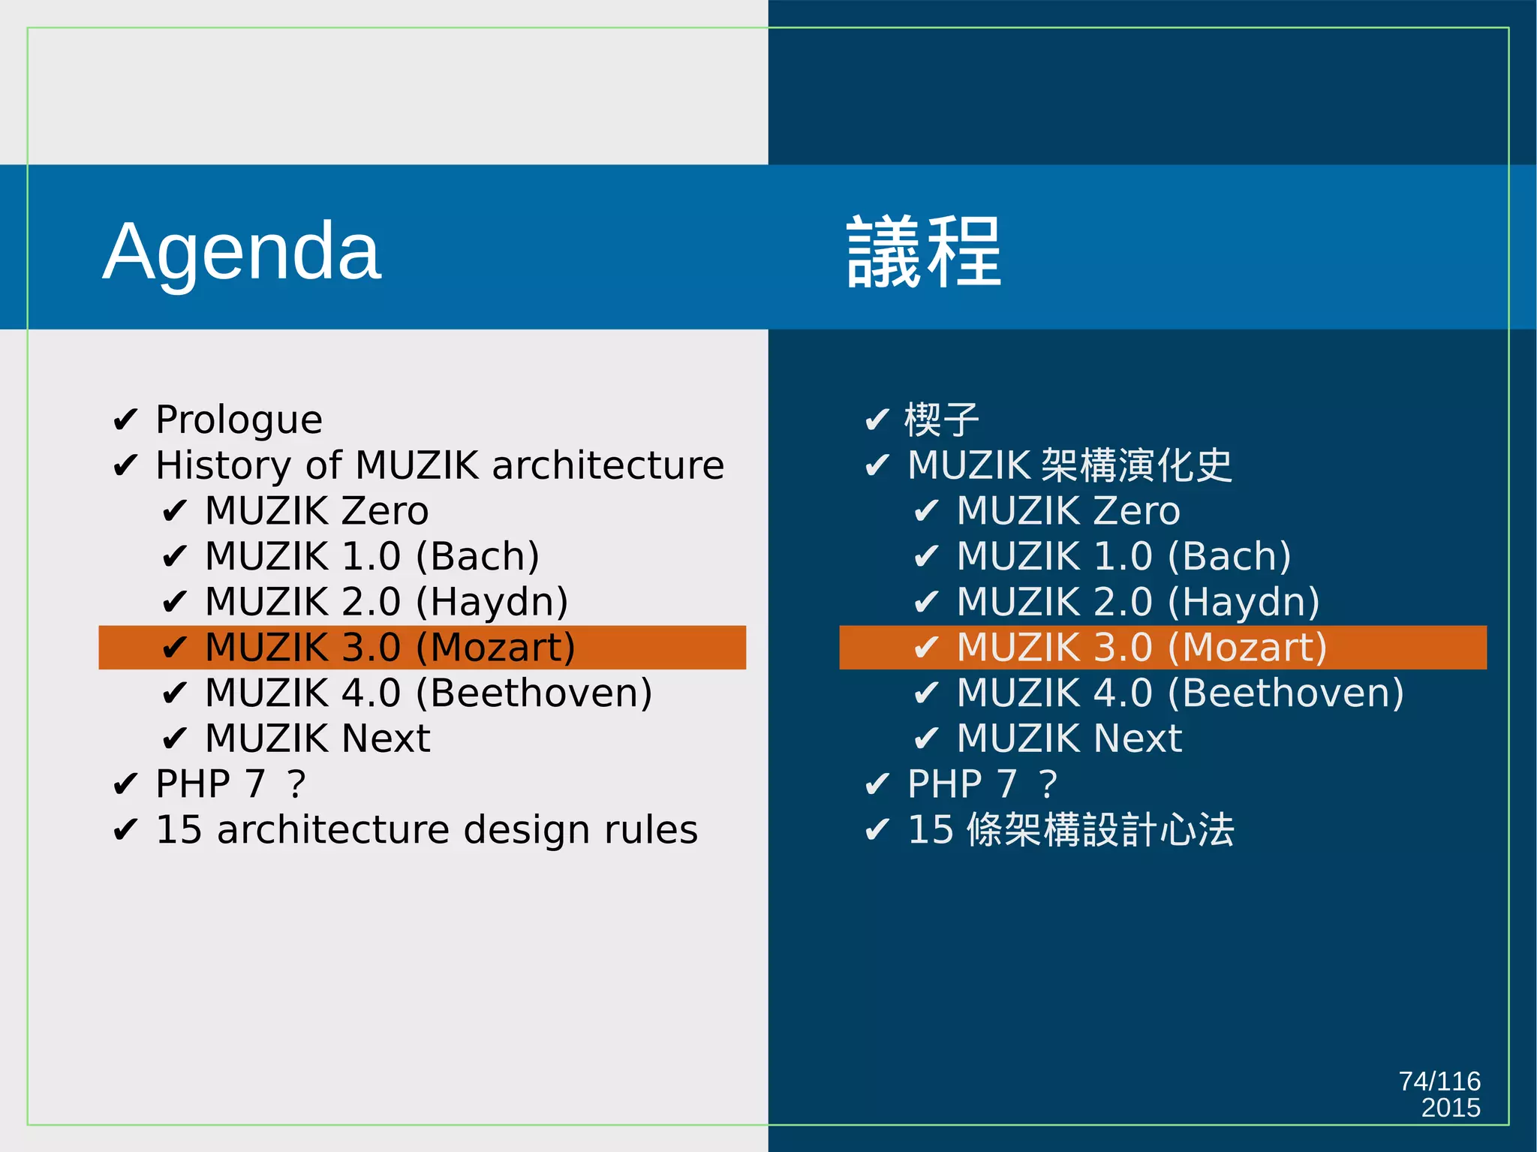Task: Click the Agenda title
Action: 242,252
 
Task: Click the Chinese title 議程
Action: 923,252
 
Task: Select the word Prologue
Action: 239,420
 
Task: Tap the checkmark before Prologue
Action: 125,420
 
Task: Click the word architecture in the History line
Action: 608,465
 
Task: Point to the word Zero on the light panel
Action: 385,511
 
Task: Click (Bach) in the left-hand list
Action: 477,557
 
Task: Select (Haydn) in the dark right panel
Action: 1244,603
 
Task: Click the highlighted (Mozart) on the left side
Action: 495,648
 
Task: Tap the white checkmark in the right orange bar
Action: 926,648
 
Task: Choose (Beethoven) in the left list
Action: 534,693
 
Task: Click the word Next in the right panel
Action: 1138,738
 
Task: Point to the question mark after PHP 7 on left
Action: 296,784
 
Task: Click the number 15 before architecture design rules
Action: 179,830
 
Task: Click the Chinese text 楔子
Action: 942,420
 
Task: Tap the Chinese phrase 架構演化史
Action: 1137,465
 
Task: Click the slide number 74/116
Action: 1439,1081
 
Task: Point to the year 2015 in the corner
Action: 1450,1108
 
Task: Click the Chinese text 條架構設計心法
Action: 1100,830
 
